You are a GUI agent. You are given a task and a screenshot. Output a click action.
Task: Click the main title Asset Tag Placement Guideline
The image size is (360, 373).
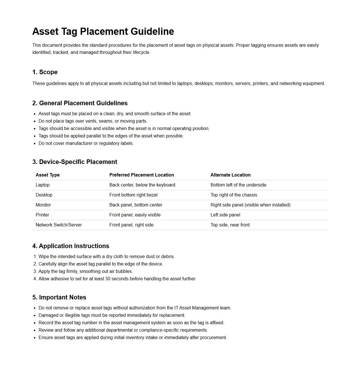point(103,31)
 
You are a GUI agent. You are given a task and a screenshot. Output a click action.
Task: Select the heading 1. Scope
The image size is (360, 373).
point(45,72)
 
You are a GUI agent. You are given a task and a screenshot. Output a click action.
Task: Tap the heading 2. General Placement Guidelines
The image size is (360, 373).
point(80,103)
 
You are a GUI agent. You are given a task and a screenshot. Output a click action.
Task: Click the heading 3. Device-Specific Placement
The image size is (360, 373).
point(75,162)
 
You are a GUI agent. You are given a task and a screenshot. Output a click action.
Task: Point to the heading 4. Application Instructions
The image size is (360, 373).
point(71,246)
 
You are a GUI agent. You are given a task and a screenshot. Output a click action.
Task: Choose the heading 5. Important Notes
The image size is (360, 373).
point(59,297)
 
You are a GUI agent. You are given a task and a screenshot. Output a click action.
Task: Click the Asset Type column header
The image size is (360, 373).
point(48,175)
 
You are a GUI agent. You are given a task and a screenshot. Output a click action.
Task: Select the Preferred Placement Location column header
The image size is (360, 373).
point(142,175)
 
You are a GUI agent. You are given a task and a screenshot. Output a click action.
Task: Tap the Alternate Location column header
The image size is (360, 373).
point(231,175)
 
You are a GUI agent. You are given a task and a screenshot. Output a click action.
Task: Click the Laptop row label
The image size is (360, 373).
point(43,185)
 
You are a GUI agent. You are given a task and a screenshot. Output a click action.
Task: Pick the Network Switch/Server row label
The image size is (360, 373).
point(59,225)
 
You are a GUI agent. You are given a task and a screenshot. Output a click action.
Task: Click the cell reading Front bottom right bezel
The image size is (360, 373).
point(133,195)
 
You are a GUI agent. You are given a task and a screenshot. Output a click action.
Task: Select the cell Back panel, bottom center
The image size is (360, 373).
point(136,205)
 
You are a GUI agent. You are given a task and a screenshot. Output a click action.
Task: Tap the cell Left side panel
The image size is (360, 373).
point(225,215)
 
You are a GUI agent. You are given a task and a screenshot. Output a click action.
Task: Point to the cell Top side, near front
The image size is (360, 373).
point(230,225)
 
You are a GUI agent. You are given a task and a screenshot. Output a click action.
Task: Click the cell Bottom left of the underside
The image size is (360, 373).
point(238,185)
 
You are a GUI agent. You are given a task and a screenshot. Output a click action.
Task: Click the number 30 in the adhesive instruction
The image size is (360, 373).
point(108,279)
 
